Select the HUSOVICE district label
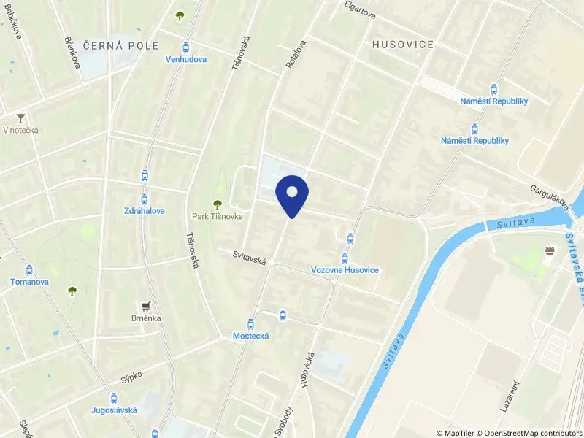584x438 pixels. [x=403, y=45]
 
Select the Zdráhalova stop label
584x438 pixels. [x=144, y=210]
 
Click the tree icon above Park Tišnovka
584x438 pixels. [x=216, y=204]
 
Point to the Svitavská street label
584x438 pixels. [x=249, y=258]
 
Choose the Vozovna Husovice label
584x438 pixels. [x=345, y=270]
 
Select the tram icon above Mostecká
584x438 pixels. [x=251, y=323]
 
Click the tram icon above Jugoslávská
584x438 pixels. [x=113, y=398]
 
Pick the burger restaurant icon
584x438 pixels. [x=550, y=251]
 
